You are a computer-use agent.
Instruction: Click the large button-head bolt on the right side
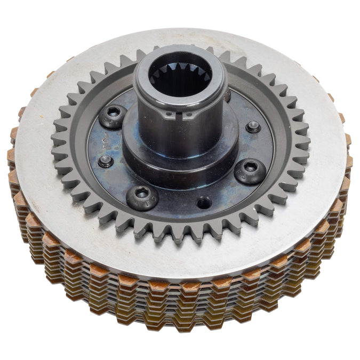point(250,170)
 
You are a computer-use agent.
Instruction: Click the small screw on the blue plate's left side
point(105,161)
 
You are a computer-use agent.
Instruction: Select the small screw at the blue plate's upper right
point(253,126)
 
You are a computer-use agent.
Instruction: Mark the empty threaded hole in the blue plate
point(203,203)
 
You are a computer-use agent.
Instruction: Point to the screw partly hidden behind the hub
point(228,96)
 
